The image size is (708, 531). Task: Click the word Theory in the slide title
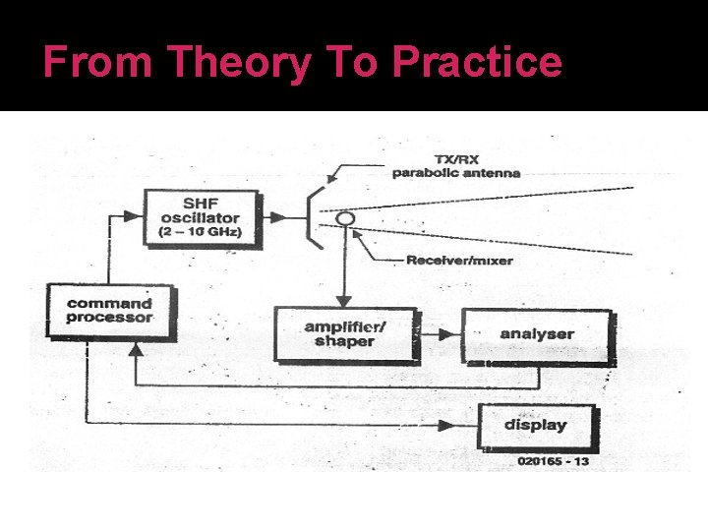[238, 63]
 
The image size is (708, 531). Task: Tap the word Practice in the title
[477, 63]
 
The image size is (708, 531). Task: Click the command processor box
[110, 311]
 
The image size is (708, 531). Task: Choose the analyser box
[537, 334]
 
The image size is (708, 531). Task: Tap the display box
[536, 425]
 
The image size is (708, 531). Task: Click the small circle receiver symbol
[344, 218]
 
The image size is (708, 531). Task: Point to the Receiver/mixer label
[459, 261]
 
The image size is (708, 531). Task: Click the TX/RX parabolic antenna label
[455, 166]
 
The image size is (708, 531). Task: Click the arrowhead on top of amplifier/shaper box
[344, 301]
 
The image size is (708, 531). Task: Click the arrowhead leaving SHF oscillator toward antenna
[283, 216]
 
